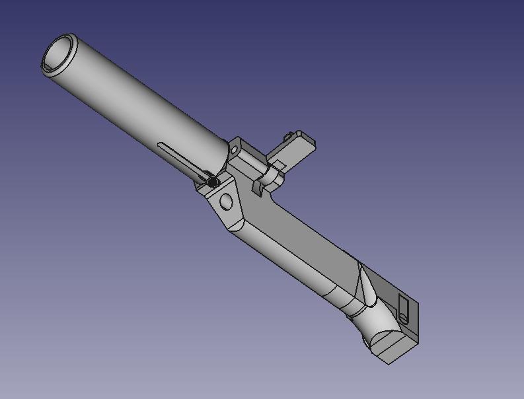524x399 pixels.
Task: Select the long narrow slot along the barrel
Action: pos(178,156)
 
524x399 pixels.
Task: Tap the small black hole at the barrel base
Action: pos(212,181)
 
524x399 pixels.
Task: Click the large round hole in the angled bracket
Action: pos(227,201)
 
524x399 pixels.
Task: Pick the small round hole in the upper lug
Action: pos(235,150)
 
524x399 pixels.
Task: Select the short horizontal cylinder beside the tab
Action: pos(270,175)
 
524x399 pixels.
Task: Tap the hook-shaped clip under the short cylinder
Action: pos(258,188)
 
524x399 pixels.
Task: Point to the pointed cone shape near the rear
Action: pos(363,284)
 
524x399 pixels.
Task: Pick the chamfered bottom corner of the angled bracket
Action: pos(231,225)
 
